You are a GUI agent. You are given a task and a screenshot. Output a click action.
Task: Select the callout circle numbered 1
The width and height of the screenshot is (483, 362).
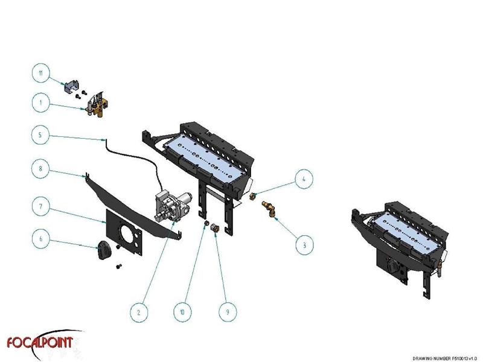point(40,103)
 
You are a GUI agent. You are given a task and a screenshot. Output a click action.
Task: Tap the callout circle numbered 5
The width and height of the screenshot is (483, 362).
point(40,136)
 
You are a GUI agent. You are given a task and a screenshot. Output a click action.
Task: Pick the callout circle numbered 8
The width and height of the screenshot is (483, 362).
point(40,170)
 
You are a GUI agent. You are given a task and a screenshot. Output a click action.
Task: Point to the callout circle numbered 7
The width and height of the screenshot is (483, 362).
point(40,206)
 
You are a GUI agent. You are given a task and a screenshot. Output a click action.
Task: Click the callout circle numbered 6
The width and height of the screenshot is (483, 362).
point(40,240)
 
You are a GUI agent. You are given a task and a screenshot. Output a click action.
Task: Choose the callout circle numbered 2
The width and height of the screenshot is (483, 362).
point(139,312)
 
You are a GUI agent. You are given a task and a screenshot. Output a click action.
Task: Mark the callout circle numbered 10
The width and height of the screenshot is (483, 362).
point(181,312)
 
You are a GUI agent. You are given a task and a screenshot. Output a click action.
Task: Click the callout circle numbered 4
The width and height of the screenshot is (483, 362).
point(304,179)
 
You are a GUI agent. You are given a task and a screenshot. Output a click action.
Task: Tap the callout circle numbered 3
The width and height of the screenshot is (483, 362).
point(304,245)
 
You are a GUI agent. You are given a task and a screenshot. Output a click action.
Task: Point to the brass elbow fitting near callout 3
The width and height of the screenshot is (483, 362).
point(270,209)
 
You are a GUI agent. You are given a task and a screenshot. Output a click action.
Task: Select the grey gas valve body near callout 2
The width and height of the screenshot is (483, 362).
point(171,205)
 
